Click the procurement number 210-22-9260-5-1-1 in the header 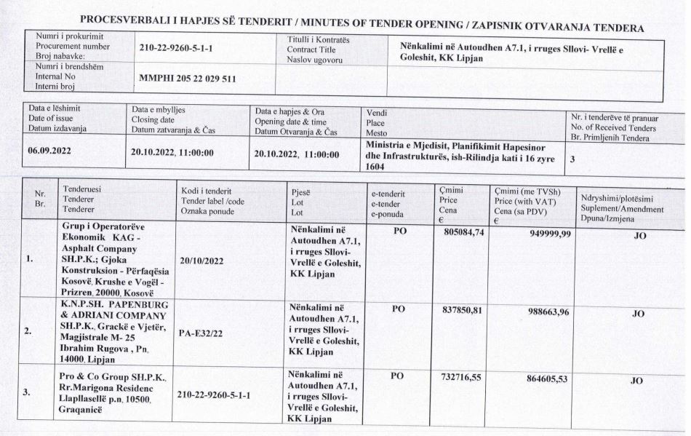180,49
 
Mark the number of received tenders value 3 575,163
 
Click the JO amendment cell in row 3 636,380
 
